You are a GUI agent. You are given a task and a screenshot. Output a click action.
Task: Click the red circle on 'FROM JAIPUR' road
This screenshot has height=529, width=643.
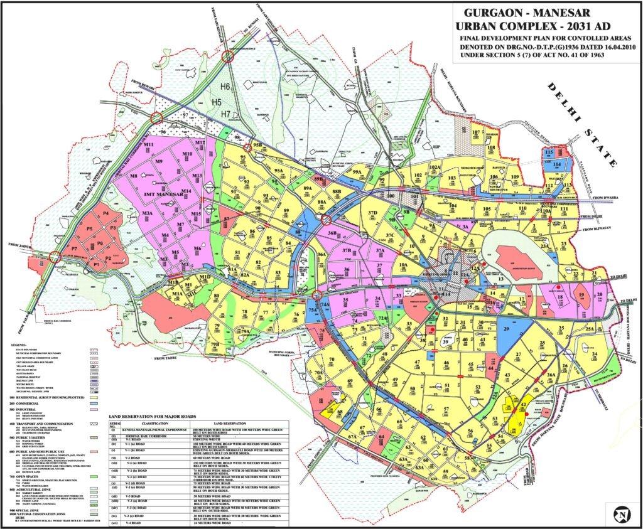click(55, 256)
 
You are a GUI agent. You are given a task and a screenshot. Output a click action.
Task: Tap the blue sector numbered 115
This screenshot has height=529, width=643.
click(549, 152)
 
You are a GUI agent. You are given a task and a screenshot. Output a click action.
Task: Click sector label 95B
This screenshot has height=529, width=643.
click(257, 146)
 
